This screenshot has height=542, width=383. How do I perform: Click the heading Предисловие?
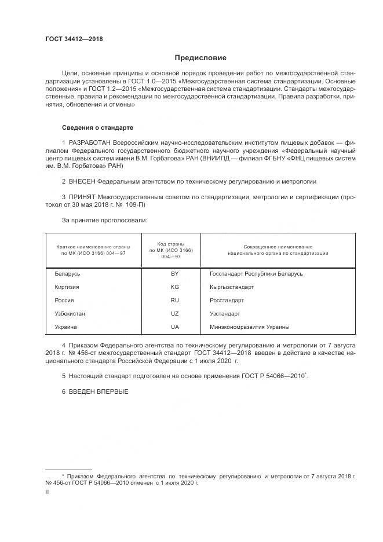click(x=201, y=58)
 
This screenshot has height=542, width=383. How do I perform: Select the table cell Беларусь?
click(x=67, y=274)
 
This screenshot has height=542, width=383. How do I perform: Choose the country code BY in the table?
click(x=174, y=274)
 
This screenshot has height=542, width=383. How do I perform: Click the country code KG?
click(x=174, y=287)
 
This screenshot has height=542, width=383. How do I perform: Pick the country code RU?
click(x=174, y=301)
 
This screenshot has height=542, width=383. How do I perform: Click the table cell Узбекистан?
click(x=70, y=314)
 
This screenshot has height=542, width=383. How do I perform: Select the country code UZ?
click(x=174, y=314)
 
